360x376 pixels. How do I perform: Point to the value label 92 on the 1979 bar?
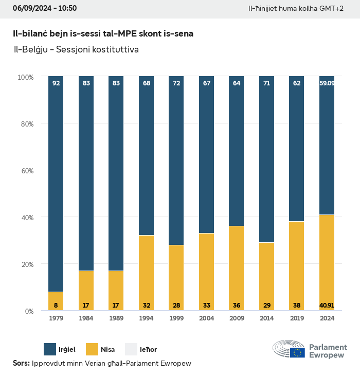(x=56, y=83)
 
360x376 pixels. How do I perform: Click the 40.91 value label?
(x=327, y=306)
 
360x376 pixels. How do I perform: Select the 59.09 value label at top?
(x=327, y=83)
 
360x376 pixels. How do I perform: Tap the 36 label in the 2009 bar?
(x=237, y=306)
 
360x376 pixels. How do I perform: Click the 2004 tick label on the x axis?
(x=206, y=318)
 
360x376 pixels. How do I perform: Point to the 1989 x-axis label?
(x=116, y=318)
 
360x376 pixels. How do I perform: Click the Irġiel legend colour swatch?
(x=50, y=349)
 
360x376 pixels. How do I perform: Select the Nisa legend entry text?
(x=108, y=349)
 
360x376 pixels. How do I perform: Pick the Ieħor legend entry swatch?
(x=132, y=349)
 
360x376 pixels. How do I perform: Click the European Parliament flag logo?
(x=297, y=352)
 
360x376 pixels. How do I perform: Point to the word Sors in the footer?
(x=21, y=363)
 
